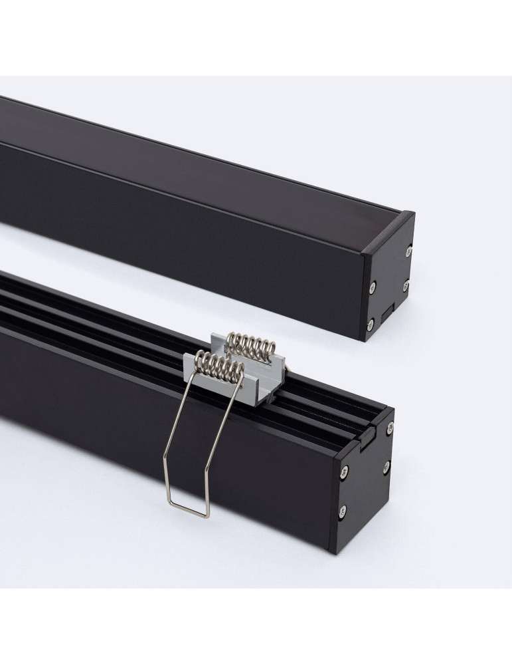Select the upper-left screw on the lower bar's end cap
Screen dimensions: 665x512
click(343, 473)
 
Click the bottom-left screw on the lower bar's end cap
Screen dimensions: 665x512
click(342, 511)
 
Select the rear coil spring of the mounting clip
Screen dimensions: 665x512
click(251, 345)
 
